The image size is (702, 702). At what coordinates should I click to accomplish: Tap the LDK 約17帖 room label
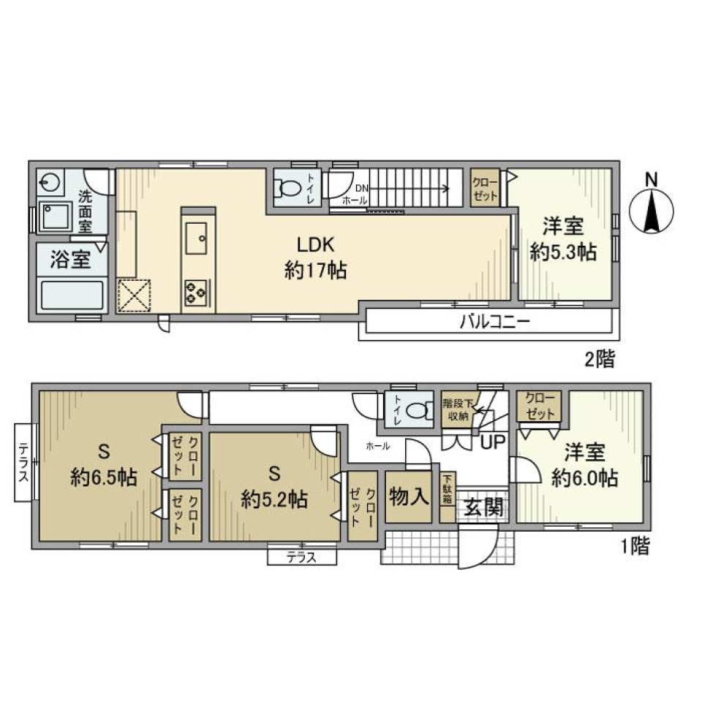pyautogui.click(x=315, y=258)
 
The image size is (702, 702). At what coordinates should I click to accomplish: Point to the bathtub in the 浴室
pyautogui.click(x=72, y=295)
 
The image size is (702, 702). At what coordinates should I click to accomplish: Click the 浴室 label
pyautogui.click(x=70, y=260)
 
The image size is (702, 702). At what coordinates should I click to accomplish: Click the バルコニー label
pyautogui.click(x=494, y=322)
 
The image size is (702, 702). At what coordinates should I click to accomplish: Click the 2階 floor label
pyautogui.click(x=599, y=359)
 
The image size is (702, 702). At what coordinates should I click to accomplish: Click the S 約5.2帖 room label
pyautogui.click(x=273, y=486)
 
